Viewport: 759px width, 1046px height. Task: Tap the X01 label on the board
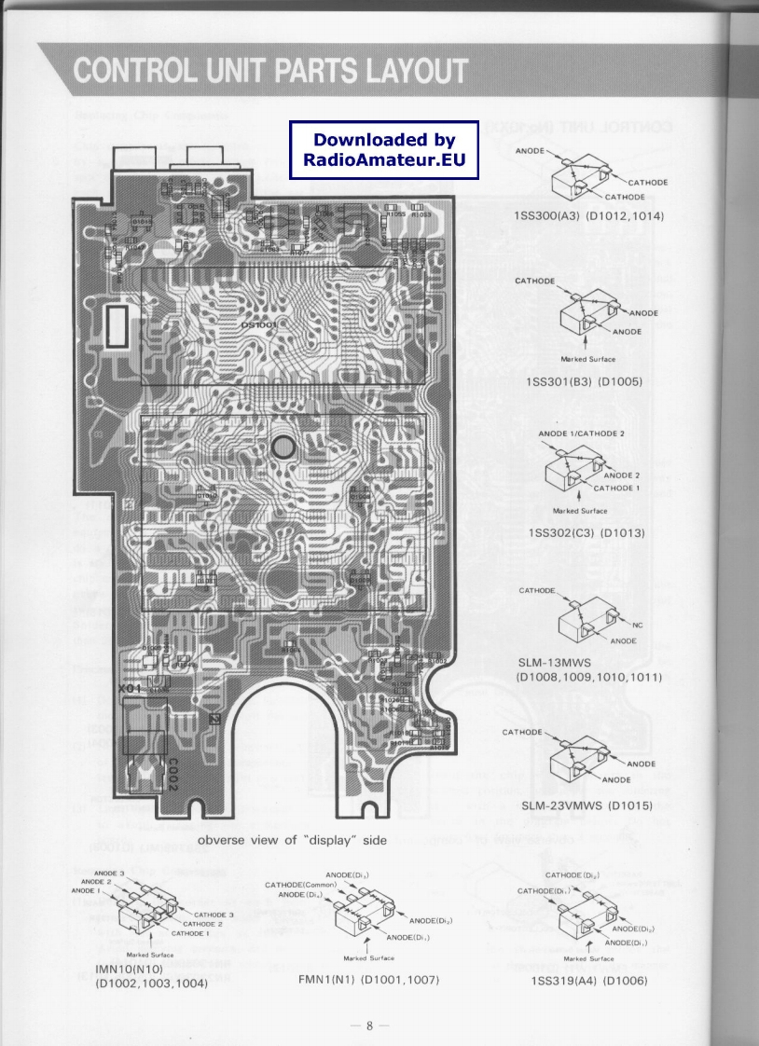132,688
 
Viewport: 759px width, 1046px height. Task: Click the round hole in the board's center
283,447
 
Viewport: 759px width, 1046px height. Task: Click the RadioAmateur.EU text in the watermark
384,159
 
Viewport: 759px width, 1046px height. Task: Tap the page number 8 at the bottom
369,1026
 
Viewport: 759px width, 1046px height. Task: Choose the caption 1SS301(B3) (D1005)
585,381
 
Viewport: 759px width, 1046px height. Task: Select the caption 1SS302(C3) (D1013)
586,533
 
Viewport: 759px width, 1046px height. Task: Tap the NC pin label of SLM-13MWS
638,624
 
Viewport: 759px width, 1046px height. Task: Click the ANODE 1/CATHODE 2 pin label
582,434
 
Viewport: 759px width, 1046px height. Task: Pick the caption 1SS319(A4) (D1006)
588,981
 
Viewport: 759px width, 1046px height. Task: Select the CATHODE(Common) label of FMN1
300,885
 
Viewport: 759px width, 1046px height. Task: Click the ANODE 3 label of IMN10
109,873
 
